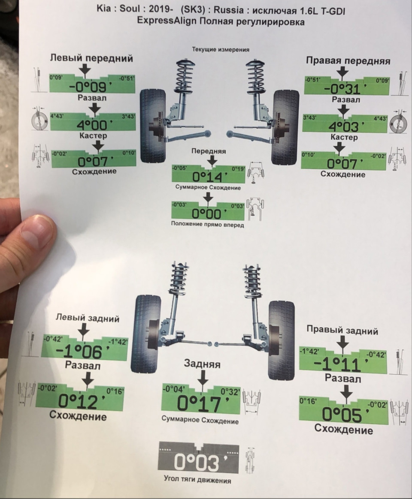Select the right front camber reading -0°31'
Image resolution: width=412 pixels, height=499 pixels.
point(343,89)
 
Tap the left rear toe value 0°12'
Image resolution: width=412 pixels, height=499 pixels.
point(82,401)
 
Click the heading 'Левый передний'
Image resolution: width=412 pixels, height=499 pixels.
point(91,58)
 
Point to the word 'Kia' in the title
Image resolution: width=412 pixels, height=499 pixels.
point(105,9)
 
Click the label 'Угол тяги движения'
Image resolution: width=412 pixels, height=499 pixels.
point(197,479)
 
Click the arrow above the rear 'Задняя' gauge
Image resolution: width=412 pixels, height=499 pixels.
point(202,379)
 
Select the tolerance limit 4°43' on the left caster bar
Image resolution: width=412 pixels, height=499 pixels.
point(57,116)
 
